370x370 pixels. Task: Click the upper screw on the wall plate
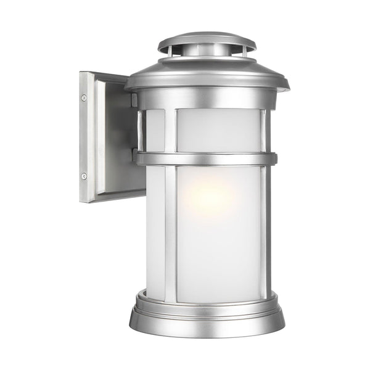point(84,97)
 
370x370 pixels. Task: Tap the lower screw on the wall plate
point(84,176)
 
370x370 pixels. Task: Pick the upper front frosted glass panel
point(219,131)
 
